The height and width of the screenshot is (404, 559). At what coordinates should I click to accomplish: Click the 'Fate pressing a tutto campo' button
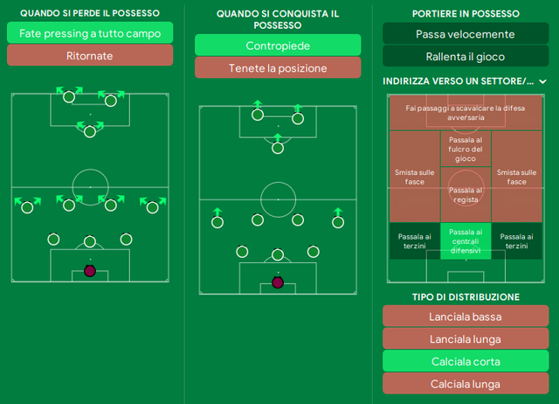[x=90, y=33]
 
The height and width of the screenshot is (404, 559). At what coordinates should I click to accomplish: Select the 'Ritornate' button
[x=90, y=55]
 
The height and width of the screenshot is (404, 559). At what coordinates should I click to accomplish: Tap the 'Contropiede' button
[x=278, y=45]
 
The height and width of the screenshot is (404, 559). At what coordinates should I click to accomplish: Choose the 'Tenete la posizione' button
[x=278, y=68]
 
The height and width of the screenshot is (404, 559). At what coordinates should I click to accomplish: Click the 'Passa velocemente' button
[x=466, y=34]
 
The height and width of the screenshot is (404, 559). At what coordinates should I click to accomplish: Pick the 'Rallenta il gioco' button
[x=466, y=56]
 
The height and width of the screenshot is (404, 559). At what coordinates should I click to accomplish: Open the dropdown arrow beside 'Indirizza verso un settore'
[x=542, y=81]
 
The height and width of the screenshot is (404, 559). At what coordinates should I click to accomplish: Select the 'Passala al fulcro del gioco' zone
[x=466, y=149]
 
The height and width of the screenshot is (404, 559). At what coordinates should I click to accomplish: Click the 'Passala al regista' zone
[x=466, y=195]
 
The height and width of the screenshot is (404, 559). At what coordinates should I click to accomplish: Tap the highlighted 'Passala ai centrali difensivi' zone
[x=466, y=240]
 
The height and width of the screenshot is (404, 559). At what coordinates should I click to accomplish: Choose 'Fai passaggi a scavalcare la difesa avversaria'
[x=466, y=113]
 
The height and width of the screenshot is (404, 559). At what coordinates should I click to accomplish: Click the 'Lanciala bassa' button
[x=466, y=317]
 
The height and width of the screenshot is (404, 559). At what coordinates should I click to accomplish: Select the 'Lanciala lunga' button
[x=466, y=338]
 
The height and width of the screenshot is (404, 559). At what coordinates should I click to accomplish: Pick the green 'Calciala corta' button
[x=466, y=361]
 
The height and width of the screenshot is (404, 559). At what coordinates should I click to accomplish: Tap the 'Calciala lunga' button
[x=466, y=384]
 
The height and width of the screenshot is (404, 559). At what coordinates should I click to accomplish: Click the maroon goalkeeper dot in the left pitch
[x=90, y=271]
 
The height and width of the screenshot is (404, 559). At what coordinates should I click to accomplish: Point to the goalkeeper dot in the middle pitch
[x=278, y=282]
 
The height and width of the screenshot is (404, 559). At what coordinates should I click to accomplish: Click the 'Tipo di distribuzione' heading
[x=466, y=297]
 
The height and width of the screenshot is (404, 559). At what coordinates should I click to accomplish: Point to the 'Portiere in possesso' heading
[x=466, y=14]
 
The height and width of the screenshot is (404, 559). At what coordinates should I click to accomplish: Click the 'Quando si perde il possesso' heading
[x=90, y=13]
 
